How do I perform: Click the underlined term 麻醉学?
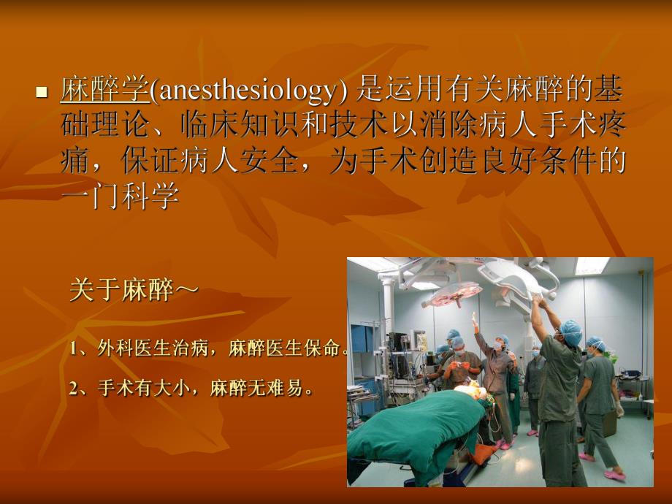coord(104,91)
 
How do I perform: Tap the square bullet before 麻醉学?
coord(42,93)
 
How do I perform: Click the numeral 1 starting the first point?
coord(75,348)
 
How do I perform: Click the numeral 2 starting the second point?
coord(75,389)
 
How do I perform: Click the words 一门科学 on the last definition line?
coord(120,197)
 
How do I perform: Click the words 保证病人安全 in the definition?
coord(209,161)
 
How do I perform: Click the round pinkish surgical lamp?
coord(452,294)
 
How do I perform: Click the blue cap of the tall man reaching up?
coord(570,332)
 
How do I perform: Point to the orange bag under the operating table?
coord(483,454)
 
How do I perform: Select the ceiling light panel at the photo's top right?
coord(591,265)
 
